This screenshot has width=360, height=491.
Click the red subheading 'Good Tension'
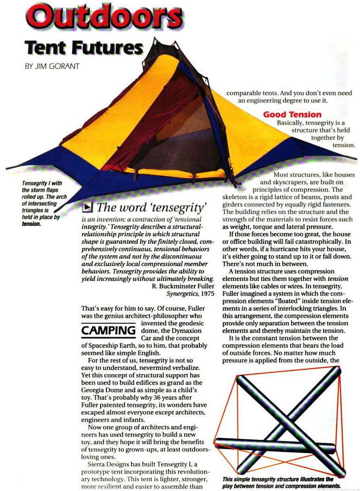(x=292, y=115)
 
